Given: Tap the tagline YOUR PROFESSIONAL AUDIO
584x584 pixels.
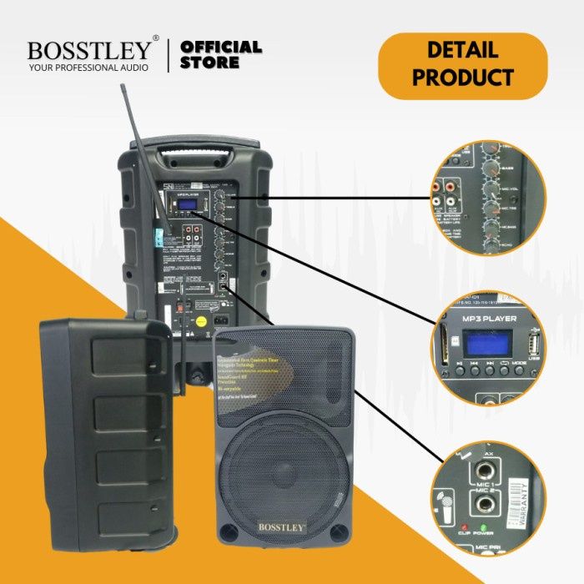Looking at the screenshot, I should coord(88,67).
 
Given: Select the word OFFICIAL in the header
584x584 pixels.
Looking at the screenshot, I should coord(221,47).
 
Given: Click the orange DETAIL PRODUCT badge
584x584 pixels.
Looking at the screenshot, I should coord(463,64).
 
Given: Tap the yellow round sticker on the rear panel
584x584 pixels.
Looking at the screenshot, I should coord(201,320).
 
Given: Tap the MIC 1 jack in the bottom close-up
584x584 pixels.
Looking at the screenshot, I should coord(483,471).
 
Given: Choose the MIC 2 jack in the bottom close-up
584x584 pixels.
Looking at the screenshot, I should coord(483,505).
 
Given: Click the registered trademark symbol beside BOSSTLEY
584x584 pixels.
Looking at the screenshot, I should coord(155,39).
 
